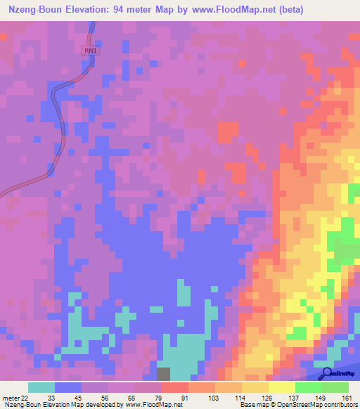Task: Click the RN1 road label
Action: (x=89, y=51)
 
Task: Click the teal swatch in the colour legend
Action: (x=41, y=387)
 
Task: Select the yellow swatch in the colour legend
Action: (x=282, y=387)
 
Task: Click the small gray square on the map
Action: (x=163, y=375)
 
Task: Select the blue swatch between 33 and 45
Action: (x=68, y=387)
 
